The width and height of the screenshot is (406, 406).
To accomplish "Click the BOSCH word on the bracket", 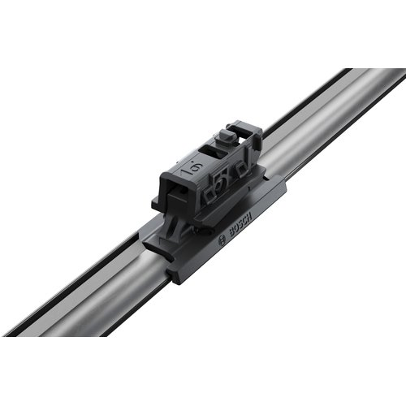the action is (240, 225).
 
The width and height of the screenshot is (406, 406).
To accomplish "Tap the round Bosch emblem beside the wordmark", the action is (222, 240).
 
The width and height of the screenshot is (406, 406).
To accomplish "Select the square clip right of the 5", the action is (240, 169).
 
